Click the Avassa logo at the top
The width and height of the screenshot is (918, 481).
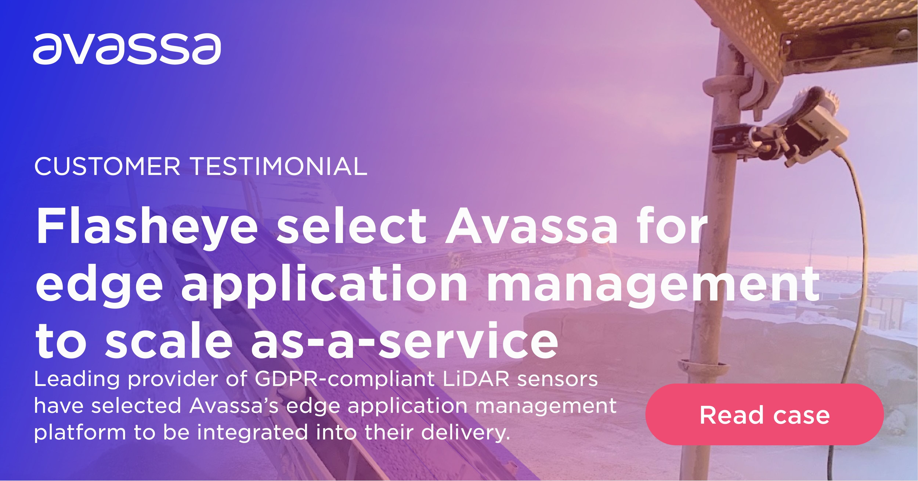[x=127, y=49]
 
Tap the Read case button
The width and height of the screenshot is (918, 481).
[x=764, y=415]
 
